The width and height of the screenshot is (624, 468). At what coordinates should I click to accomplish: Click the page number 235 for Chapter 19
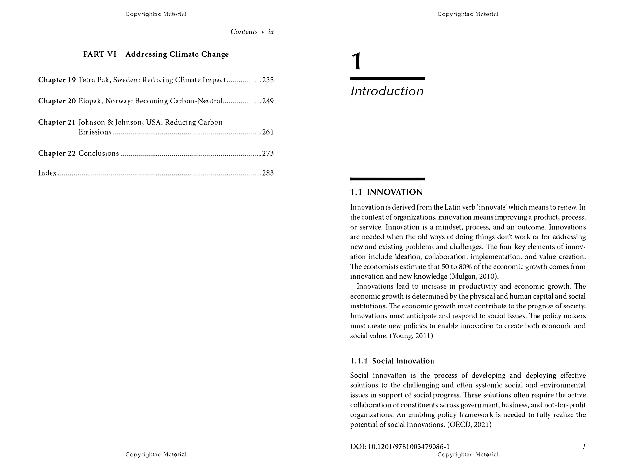(x=268, y=80)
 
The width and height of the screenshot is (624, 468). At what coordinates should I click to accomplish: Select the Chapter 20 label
(x=57, y=101)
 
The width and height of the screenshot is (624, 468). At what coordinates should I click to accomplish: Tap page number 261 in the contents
(x=268, y=132)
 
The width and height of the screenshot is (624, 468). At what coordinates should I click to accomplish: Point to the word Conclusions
(x=98, y=153)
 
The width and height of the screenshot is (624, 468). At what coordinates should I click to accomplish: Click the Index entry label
(x=47, y=173)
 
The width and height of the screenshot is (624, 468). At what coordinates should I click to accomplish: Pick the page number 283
(x=268, y=173)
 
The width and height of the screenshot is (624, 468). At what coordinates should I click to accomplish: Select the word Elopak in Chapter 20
(x=90, y=101)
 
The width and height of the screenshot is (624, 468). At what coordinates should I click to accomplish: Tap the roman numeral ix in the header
(x=271, y=32)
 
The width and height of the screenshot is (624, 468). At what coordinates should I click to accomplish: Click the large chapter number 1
(x=356, y=62)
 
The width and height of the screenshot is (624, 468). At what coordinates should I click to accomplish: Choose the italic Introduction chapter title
(x=387, y=91)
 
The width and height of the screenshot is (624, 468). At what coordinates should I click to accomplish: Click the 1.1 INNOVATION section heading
(x=386, y=192)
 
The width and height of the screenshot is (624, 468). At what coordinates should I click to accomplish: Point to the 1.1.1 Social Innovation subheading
(x=392, y=361)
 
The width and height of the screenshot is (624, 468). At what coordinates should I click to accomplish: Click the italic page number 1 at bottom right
(x=584, y=447)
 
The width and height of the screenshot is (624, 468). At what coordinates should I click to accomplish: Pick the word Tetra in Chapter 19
(x=87, y=80)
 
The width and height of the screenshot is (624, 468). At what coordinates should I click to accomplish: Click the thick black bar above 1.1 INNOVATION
(x=387, y=179)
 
